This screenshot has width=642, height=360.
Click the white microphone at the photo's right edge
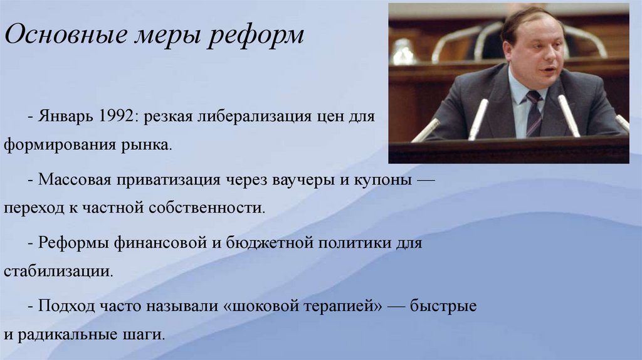pyautogui.click(x=622, y=122)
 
